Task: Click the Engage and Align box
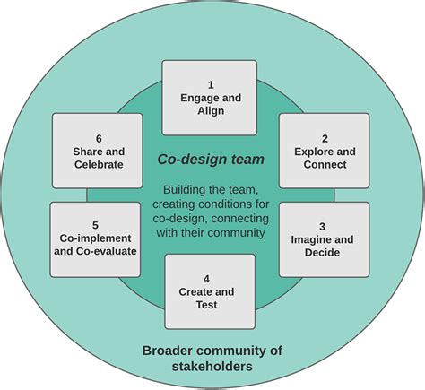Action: point(209,97)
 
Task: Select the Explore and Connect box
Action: point(324,150)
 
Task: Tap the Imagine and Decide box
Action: point(324,238)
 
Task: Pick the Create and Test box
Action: point(210,290)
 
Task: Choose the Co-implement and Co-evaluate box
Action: point(96,238)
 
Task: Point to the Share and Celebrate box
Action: point(98,150)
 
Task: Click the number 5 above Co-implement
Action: point(96,224)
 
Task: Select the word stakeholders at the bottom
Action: point(212,366)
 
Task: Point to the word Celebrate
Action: point(98,165)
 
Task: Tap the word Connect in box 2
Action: point(324,165)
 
